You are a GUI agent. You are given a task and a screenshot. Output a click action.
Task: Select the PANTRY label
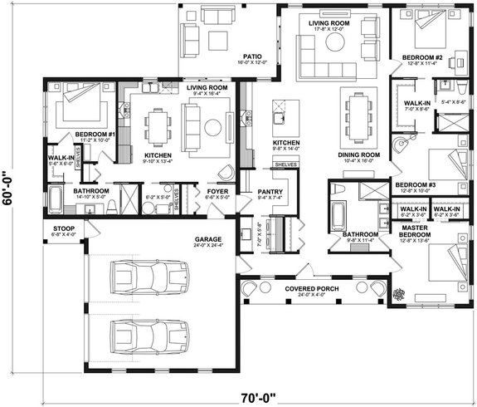[x=270, y=192]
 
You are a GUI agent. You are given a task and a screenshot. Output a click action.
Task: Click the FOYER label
[x=218, y=192]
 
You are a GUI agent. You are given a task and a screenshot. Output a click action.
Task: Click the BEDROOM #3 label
[x=413, y=184]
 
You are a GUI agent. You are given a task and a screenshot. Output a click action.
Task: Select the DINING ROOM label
[x=358, y=155]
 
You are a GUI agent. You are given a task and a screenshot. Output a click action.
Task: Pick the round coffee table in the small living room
[x=212, y=127]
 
